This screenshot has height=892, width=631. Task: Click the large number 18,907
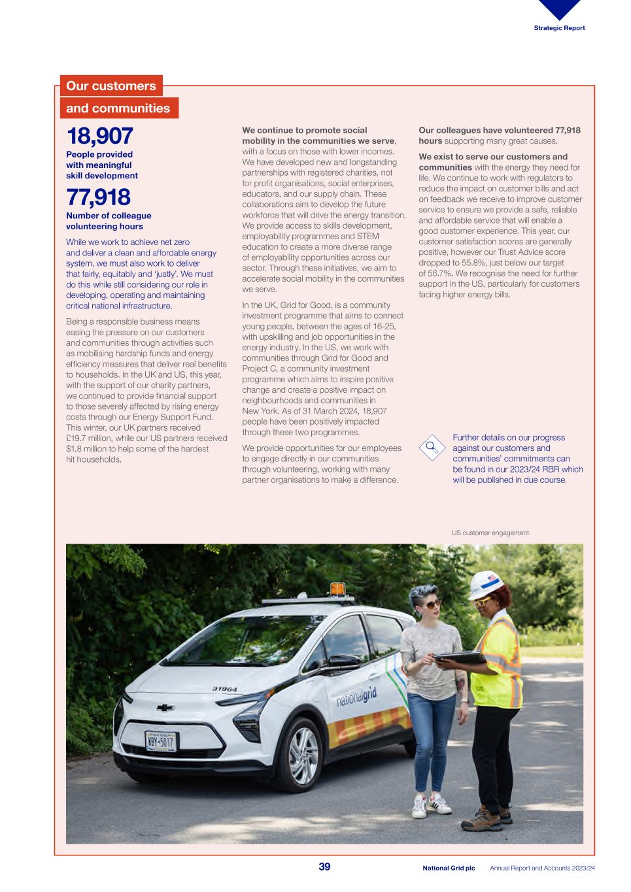tap(99, 136)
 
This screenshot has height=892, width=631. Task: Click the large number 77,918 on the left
tap(98, 197)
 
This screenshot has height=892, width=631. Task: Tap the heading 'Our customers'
tap(111, 86)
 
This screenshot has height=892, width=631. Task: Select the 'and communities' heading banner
tap(118, 108)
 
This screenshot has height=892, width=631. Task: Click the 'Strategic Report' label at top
tap(559, 28)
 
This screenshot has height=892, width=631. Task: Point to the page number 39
tap(324, 867)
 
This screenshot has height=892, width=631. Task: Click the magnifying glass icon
tap(432, 448)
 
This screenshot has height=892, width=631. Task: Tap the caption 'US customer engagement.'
tap(491, 533)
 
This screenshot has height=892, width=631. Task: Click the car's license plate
tap(161, 742)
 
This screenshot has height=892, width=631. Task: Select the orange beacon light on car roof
tap(337, 590)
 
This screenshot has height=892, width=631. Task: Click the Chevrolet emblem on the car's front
tap(165, 708)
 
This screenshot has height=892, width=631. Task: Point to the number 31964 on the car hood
tap(224, 689)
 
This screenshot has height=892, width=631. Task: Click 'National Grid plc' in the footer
tap(449, 868)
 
